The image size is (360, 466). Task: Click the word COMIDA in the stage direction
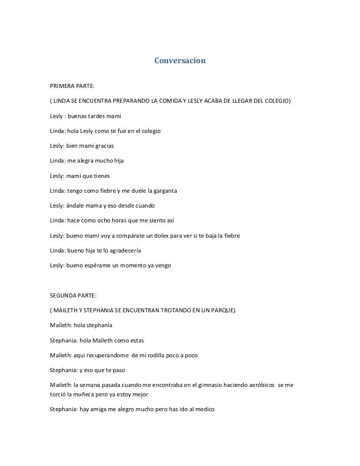[x=166, y=102]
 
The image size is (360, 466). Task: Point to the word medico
[x=203, y=410]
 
